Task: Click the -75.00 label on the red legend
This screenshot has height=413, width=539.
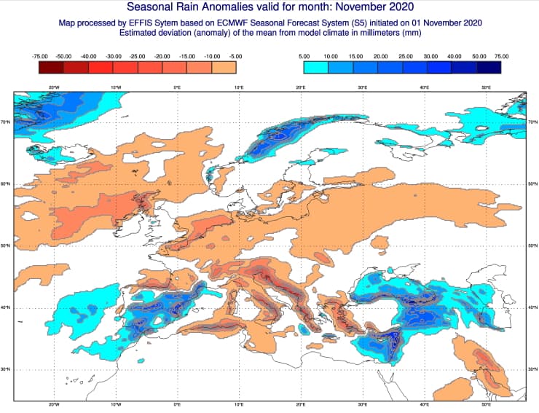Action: tap(40, 55)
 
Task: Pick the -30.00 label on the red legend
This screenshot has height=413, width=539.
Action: tap(114, 55)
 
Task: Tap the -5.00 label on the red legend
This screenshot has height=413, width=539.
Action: tap(236, 55)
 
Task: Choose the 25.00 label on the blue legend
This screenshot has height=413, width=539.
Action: tap(406, 55)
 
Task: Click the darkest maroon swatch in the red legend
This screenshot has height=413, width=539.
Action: tap(52, 67)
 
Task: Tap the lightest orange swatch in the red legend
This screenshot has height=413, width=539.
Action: tap(224, 67)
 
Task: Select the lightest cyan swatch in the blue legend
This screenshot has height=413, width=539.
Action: tap(315, 67)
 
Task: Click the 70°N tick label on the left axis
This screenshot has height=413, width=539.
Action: tap(6, 122)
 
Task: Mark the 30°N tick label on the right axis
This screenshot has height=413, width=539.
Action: tap(532, 369)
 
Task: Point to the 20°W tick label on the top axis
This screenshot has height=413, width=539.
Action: tap(54, 87)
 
